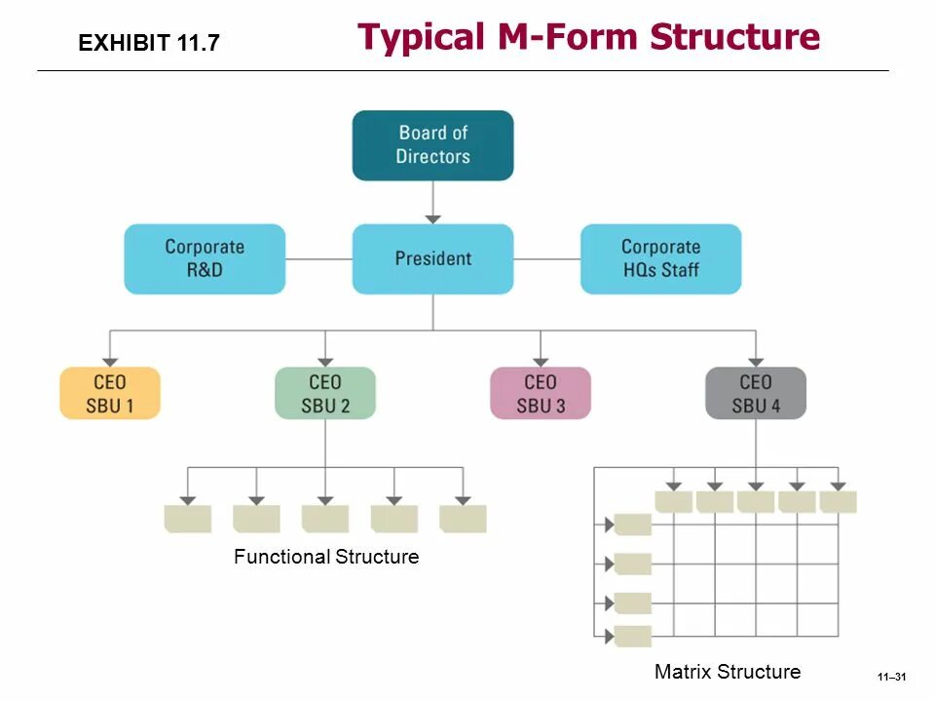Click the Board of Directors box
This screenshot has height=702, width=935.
pyautogui.click(x=432, y=145)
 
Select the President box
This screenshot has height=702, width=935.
pyautogui.click(x=432, y=258)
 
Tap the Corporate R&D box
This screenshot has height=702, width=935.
pyautogui.click(x=205, y=258)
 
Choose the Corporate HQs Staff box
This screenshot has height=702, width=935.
pyautogui.click(x=660, y=258)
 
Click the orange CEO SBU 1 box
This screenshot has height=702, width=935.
pyautogui.click(x=110, y=393)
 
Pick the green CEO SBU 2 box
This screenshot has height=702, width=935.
pyautogui.click(x=325, y=393)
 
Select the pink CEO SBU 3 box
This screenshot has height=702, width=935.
pyautogui.click(x=540, y=393)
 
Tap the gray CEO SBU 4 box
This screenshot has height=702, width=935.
pyautogui.click(x=756, y=393)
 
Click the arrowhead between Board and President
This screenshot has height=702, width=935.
pyautogui.click(x=432, y=218)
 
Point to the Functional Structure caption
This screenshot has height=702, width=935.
pyautogui.click(x=326, y=557)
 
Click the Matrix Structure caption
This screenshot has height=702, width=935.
pyautogui.click(x=728, y=671)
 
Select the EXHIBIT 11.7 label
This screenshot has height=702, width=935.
pyautogui.click(x=149, y=43)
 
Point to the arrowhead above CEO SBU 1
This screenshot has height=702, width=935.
pyautogui.click(x=110, y=361)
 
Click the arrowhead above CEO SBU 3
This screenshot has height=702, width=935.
pyautogui.click(x=540, y=361)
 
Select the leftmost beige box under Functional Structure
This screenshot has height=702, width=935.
pyautogui.click(x=188, y=519)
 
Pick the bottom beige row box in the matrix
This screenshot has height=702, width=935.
pyautogui.click(x=633, y=637)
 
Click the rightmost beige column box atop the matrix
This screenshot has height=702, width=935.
pyautogui.click(x=839, y=502)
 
